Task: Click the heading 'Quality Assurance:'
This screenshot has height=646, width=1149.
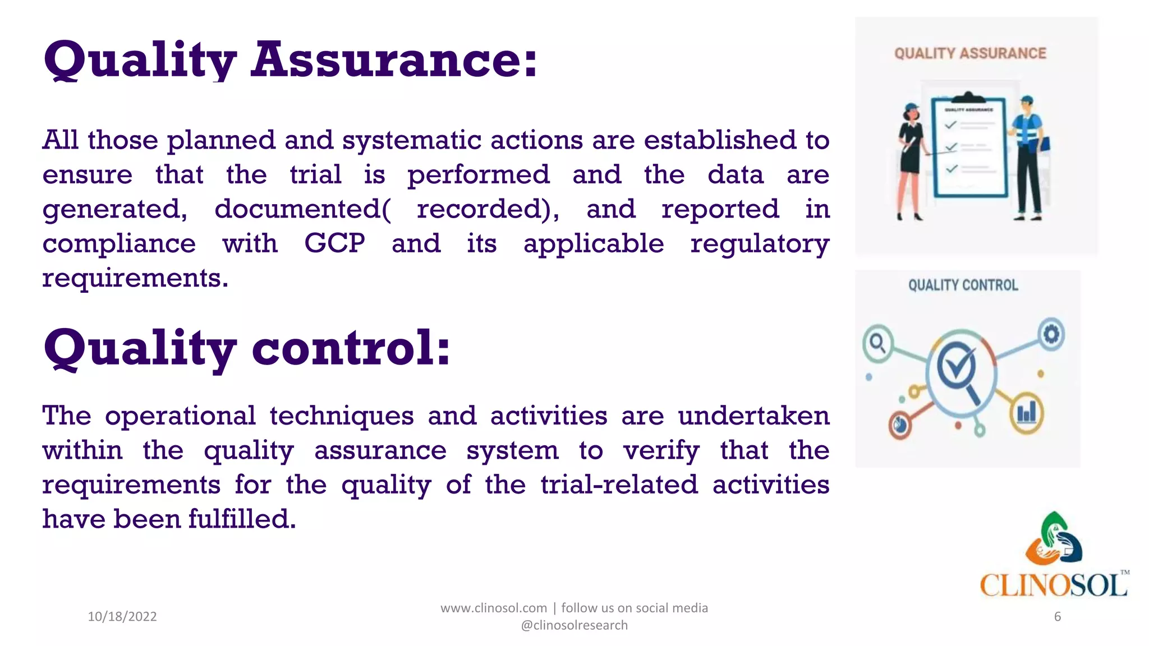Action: pos(290,61)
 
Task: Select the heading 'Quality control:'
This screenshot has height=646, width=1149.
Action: pos(247,349)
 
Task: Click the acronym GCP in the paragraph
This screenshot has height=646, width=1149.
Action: pos(334,244)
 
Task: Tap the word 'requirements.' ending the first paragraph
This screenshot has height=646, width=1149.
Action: pos(135,279)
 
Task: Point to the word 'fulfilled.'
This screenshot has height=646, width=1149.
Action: pos(242,519)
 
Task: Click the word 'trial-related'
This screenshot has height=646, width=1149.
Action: pos(619,485)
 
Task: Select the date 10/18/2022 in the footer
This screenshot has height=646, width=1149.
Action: pos(122,617)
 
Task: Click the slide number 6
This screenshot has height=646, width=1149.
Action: pos(1057,617)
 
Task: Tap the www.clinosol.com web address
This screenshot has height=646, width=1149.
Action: pos(493,608)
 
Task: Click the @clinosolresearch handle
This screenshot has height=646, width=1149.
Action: pos(574,625)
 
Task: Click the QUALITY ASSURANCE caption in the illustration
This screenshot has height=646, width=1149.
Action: pos(970,54)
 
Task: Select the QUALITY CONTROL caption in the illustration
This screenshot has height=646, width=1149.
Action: pos(963,285)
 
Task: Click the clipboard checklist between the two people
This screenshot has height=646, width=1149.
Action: pos(969,149)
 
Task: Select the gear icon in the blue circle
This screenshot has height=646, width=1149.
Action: pos(1050,335)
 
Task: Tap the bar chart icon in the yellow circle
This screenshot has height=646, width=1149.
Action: pos(1027,414)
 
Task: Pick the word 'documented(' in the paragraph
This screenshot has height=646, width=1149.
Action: pos(302,210)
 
